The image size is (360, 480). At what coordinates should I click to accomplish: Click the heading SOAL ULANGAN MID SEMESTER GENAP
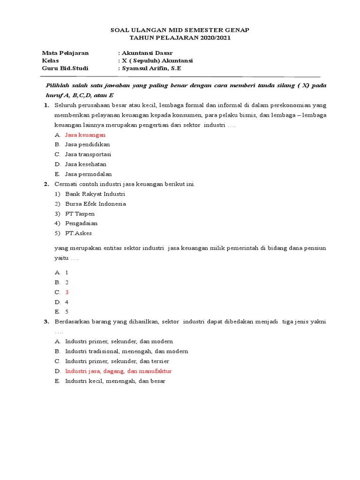click(180, 30)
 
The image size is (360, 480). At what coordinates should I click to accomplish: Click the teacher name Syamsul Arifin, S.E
click(151, 68)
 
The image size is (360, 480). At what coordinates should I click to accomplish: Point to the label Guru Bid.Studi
click(65, 68)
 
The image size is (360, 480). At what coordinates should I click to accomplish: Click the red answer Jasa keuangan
click(85, 135)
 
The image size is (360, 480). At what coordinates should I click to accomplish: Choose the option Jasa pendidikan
click(88, 144)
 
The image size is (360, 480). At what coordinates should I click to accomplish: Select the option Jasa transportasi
click(88, 154)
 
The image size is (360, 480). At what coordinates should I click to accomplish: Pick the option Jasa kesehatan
click(86, 164)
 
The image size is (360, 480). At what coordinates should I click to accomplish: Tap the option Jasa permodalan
click(89, 174)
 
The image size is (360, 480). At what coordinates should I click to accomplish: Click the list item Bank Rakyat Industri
click(95, 194)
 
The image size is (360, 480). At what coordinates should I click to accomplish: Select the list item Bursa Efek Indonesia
click(96, 203)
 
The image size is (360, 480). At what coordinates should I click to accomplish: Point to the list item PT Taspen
click(80, 213)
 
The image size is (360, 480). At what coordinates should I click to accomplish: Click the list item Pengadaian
click(82, 223)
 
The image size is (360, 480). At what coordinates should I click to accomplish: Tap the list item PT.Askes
click(79, 233)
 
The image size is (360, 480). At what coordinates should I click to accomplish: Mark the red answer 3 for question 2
click(67, 292)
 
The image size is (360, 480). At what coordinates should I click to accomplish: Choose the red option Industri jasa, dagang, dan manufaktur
click(119, 371)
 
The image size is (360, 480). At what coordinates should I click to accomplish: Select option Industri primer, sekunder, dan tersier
click(117, 361)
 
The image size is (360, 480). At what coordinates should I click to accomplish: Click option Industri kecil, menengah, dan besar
click(115, 381)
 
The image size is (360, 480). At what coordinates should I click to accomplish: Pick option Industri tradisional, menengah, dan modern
click(127, 351)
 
